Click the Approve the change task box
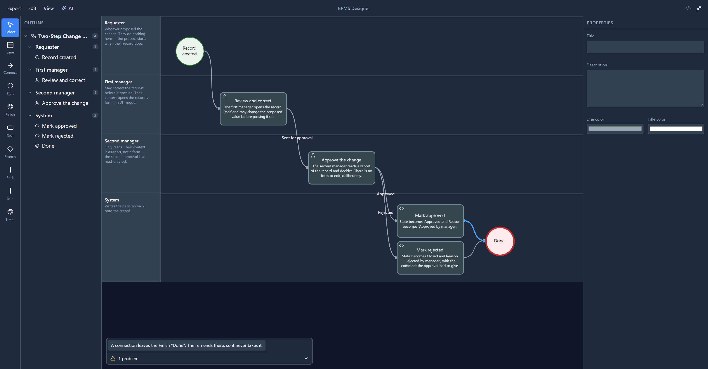(342, 168)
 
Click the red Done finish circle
(500, 241)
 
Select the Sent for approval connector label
(297, 138)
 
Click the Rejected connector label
(385, 212)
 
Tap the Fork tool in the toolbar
(10, 173)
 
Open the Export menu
(14, 8)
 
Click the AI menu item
(67, 8)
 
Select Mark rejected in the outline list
(58, 136)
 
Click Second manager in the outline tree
(55, 93)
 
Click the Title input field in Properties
(645, 47)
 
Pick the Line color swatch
(615, 129)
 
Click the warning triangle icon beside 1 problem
(113, 358)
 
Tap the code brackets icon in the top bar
(688, 8)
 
